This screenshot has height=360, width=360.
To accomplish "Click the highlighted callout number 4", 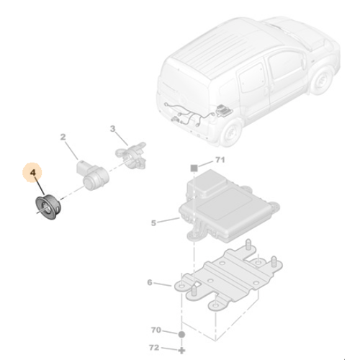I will point(32,173).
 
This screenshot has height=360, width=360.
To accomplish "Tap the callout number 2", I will point(63,136).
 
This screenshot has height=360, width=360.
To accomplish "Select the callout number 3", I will point(112,129).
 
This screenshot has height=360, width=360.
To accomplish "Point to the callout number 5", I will point(153,223).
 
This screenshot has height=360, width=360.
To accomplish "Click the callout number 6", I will point(149,283).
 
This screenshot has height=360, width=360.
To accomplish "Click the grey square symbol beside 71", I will point(194,166).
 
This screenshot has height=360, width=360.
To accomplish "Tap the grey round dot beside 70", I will point(181,335).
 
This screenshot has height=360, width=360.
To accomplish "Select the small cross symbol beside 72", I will point(181,348).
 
